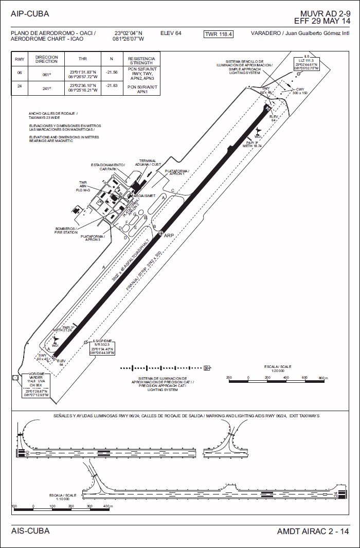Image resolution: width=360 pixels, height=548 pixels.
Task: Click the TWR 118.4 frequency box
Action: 219,34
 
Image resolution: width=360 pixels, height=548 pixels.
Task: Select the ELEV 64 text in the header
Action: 171,33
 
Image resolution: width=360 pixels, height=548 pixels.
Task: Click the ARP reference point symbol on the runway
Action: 161,234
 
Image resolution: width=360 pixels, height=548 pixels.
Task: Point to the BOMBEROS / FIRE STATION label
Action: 65,230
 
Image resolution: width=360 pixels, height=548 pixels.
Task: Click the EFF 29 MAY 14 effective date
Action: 322,21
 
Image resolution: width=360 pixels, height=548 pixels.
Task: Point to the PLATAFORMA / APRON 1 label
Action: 177,172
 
